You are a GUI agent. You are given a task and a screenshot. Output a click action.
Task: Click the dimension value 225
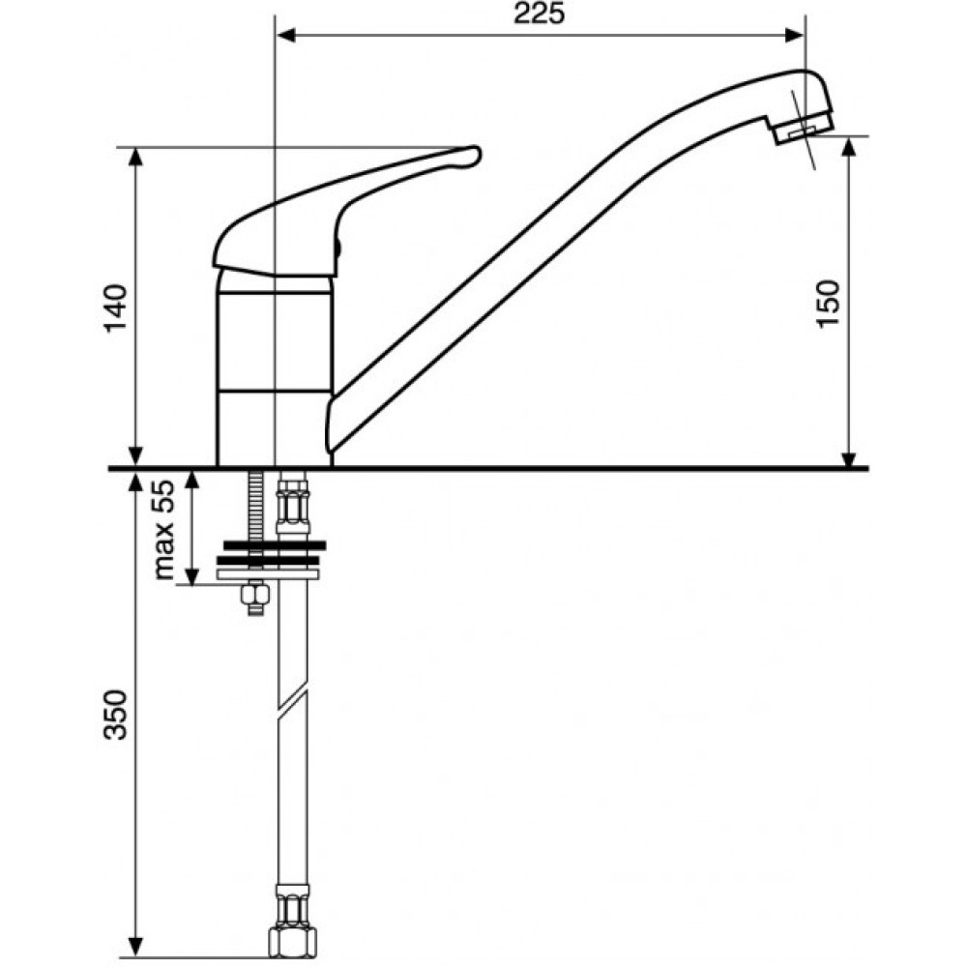coord(539,14)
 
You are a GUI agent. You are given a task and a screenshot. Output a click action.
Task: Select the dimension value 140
coord(116,308)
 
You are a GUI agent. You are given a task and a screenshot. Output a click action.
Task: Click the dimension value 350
coord(116,715)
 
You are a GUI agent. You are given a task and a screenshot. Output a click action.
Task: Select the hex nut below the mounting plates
coord(254,595)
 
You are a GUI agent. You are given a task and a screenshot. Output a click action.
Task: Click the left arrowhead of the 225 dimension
coord(286,37)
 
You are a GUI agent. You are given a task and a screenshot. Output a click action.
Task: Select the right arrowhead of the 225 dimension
coord(793,37)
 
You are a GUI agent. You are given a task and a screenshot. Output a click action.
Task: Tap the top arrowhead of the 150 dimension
coord(849,148)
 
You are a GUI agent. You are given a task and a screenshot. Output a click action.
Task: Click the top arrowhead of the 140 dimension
coord(136,161)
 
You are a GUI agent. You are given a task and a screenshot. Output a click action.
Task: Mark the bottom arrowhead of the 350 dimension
coord(136,946)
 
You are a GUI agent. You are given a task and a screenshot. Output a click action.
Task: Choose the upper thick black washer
coord(275,545)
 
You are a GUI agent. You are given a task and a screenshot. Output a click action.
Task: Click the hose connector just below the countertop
coord(292,501)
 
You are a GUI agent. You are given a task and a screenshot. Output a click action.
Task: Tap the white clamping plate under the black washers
coord(269,575)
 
